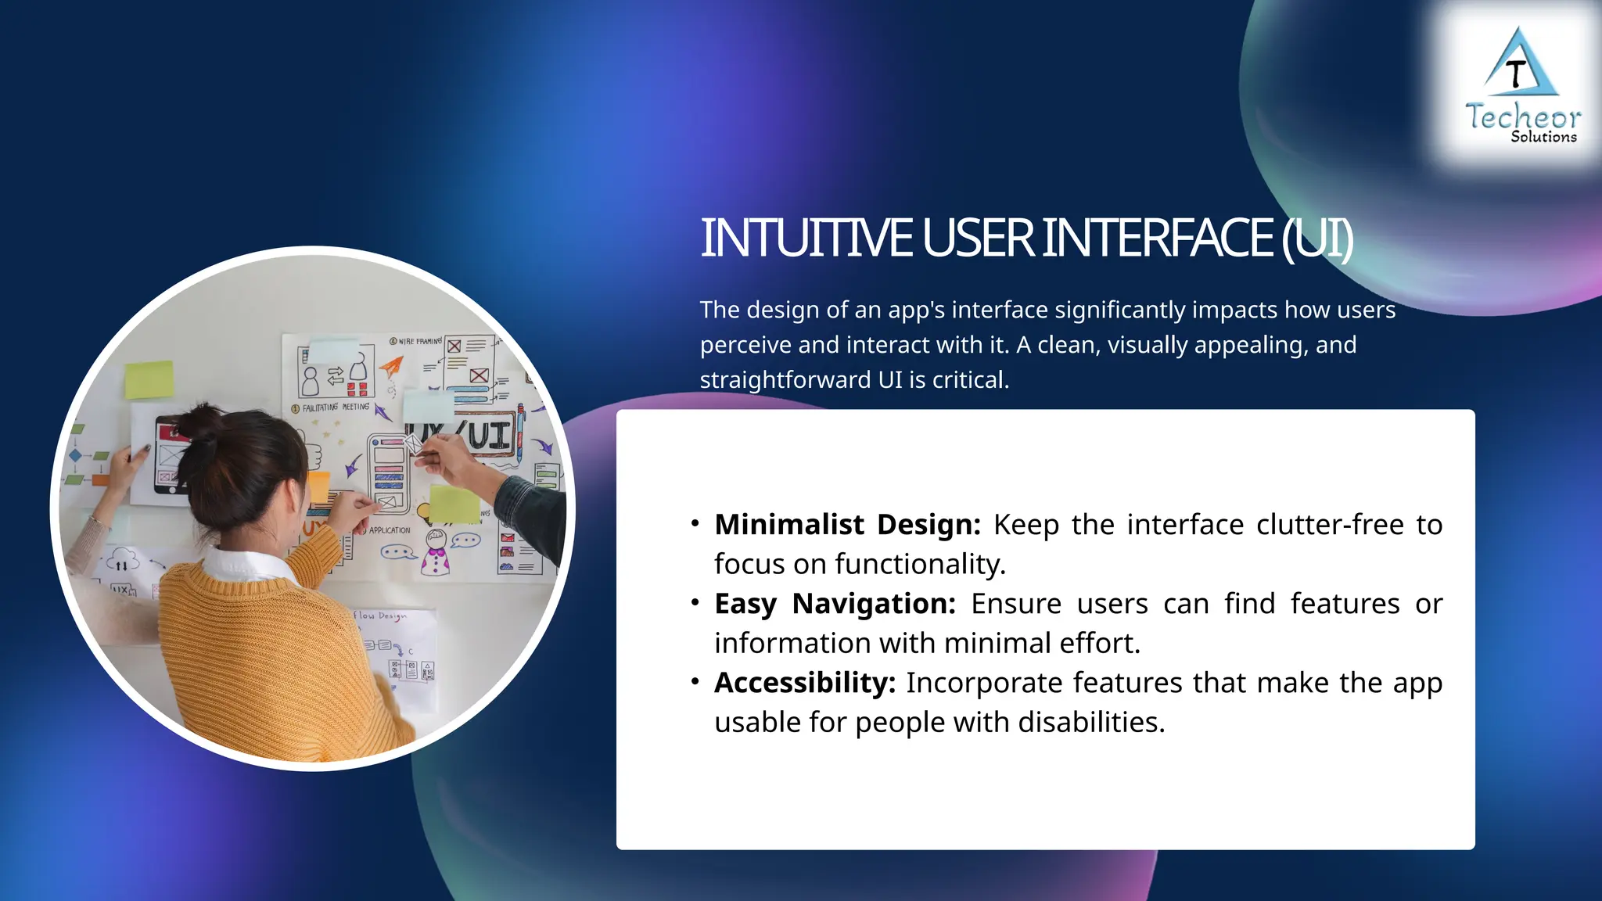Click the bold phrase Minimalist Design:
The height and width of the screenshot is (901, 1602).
click(x=846, y=525)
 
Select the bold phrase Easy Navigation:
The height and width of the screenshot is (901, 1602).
click(x=834, y=604)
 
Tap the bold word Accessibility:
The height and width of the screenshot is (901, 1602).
click(x=804, y=683)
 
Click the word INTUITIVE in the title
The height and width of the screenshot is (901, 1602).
click(x=806, y=239)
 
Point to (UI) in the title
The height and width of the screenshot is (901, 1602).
click(x=1316, y=239)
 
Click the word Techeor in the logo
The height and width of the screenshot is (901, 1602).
click(x=1522, y=117)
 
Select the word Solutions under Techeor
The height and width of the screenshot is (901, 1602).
click(x=1543, y=137)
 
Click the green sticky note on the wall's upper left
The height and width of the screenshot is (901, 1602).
click(x=149, y=380)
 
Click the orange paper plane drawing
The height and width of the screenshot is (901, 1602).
click(x=391, y=366)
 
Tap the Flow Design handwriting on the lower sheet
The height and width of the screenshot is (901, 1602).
click(x=380, y=616)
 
